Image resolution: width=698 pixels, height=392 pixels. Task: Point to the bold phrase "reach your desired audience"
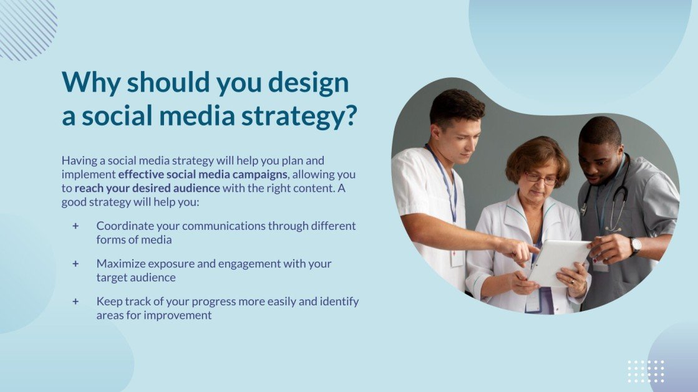(147, 188)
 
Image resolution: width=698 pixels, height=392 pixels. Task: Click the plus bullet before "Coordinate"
(76, 226)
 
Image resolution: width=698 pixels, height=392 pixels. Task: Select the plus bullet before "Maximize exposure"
(76, 264)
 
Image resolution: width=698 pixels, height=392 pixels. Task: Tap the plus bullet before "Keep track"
(76, 302)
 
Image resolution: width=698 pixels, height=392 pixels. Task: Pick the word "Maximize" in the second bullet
(120, 264)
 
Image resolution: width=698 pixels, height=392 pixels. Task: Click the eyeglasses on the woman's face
(540, 178)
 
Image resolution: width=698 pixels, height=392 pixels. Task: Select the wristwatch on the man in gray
(634, 246)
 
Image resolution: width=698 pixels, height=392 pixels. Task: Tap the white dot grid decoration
(646, 371)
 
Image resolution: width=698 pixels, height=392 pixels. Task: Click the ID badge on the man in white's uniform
(457, 257)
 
